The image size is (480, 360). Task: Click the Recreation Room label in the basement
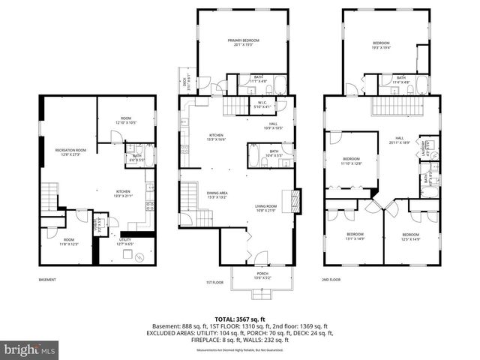point(71,152)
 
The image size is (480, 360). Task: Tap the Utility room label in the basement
point(124,241)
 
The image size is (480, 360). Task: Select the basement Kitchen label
point(123,193)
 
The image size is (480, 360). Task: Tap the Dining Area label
point(217,196)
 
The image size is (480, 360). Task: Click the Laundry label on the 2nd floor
point(424,146)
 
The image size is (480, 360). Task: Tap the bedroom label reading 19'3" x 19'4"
point(382,46)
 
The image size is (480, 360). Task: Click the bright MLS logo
point(30,349)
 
